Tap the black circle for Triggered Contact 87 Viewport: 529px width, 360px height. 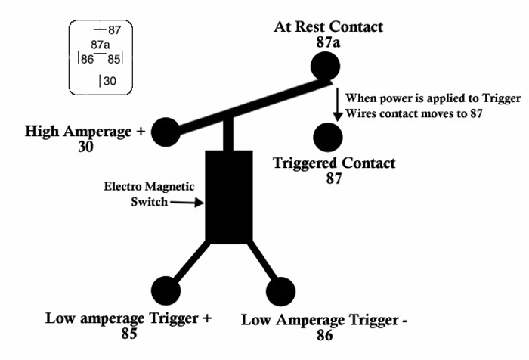[327, 136]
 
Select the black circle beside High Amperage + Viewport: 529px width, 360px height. [166, 132]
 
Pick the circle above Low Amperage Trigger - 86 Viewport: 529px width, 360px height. [279, 291]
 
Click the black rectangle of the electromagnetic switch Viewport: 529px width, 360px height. [229, 196]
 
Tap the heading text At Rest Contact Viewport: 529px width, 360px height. [328, 27]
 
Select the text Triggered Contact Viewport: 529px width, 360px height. [333, 163]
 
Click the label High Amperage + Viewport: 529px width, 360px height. [85, 131]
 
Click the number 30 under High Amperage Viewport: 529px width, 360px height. [85, 147]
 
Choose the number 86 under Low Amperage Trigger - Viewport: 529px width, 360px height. [324, 335]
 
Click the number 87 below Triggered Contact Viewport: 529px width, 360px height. [333, 178]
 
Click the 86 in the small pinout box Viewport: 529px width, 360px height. [87, 58]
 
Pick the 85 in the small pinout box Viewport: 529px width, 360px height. [113, 58]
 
